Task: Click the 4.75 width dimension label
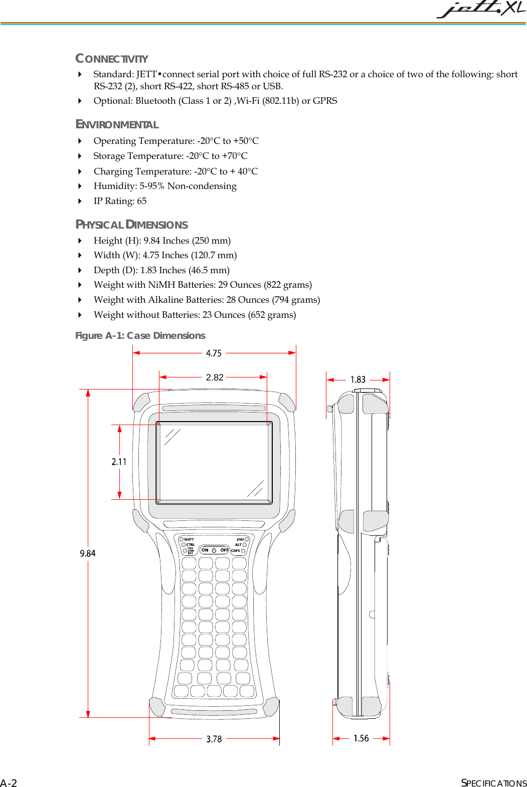pyautogui.click(x=214, y=353)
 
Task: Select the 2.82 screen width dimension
pyautogui.click(x=215, y=377)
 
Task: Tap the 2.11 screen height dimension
pyautogui.click(x=119, y=462)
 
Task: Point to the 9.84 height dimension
pyautogui.click(x=88, y=553)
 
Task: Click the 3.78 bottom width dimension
pyautogui.click(x=214, y=739)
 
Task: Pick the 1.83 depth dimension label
pyautogui.click(x=358, y=379)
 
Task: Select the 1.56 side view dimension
pyautogui.click(x=361, y=738)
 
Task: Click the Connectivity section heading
pyautogui.click(x=111, y=59)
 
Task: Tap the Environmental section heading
pyautogui.click(x=117, y=124)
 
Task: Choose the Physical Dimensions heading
pyautogui.click(x=131, y=225)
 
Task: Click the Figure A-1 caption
pyautogui.click(x=140, y=335)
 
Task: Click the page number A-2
pyautogui.click(x=9, y=783)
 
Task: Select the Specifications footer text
pyautogui.click(x=493, y=783)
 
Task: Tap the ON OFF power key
pyautogui.click(x=214, y=550)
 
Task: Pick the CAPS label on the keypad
pyautogui.click(x=236, y=550)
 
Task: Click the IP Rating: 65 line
pyautogui.click(x=120, y=201)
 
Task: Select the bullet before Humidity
pyautogui.click(x=80, y=186)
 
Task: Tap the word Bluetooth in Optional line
pyautogui.click(x=155, y=101)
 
